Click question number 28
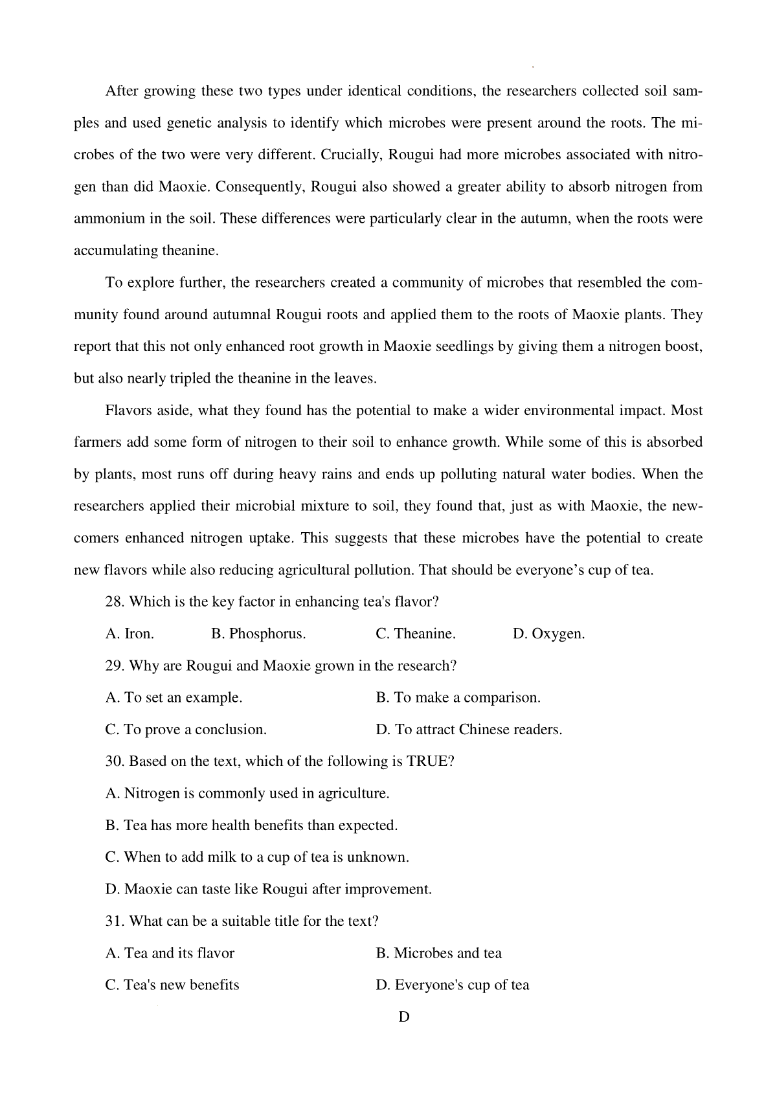click(115, 602)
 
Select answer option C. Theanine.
click(415, 634)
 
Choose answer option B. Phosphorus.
click(258, 634)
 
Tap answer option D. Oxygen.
click(548, 634)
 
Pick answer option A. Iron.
click(129, 634)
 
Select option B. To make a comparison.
click(458, 698)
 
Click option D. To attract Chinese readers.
click(469, 730)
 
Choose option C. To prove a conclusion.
click(186, 730)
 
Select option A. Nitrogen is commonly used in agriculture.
click(247, 793)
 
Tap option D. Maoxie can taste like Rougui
click(268, 889)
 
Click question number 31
click(115, 921)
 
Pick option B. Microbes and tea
click(438, 953)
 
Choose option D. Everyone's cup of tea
click(452, 985)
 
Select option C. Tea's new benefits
click(172, 985)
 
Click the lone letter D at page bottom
click(404, 1016)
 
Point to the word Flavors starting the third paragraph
click(126, 410)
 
